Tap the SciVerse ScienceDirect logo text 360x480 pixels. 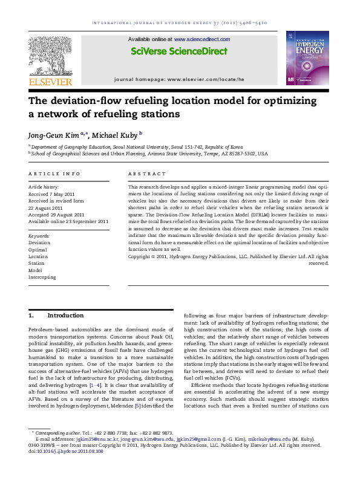tap(180, 52)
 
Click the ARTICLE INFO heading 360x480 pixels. tap(54, 174)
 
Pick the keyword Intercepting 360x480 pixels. tap(42, 277)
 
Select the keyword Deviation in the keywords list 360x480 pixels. tap(39, 242)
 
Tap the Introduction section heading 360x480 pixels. tap(65, 316)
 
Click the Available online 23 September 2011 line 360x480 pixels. tap(68, 221)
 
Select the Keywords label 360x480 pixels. tap(39, 236)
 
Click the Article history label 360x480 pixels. tap(44, 187)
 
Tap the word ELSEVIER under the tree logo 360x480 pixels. tap(51, 82)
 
